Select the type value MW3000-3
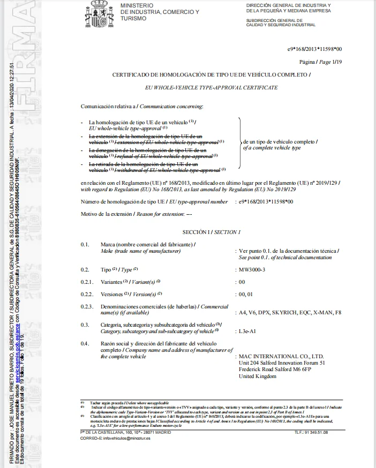pos(251,269)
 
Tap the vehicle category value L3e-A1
pos(247,331)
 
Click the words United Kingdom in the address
pos(257,376)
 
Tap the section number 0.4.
pos(85,343)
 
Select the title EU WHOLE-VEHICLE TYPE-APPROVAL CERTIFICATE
pos(212,87)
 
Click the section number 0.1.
pos(85,244)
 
